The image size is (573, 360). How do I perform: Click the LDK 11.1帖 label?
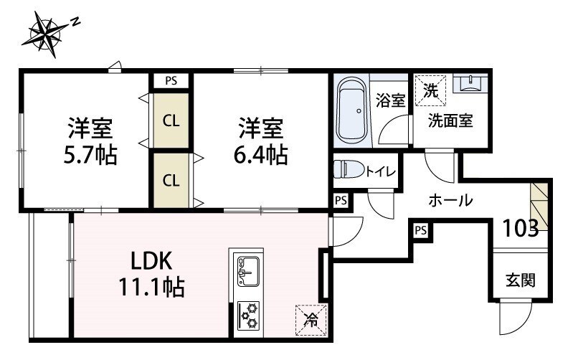click(151, 275)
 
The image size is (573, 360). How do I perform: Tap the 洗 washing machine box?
click(430, 90)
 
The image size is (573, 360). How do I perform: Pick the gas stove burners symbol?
click(249, 313)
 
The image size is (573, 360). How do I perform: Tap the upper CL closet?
click(171, 120)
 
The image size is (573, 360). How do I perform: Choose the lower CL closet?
click(171, 180)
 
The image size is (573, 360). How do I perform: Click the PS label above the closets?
click(171, 81)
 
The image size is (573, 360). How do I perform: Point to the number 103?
click(521, 228)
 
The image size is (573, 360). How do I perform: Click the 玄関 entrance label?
click(521, 279)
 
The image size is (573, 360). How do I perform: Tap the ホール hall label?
click(450, 202)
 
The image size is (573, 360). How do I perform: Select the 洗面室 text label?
click(451, 120)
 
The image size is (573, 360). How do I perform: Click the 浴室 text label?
click(390, 100)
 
